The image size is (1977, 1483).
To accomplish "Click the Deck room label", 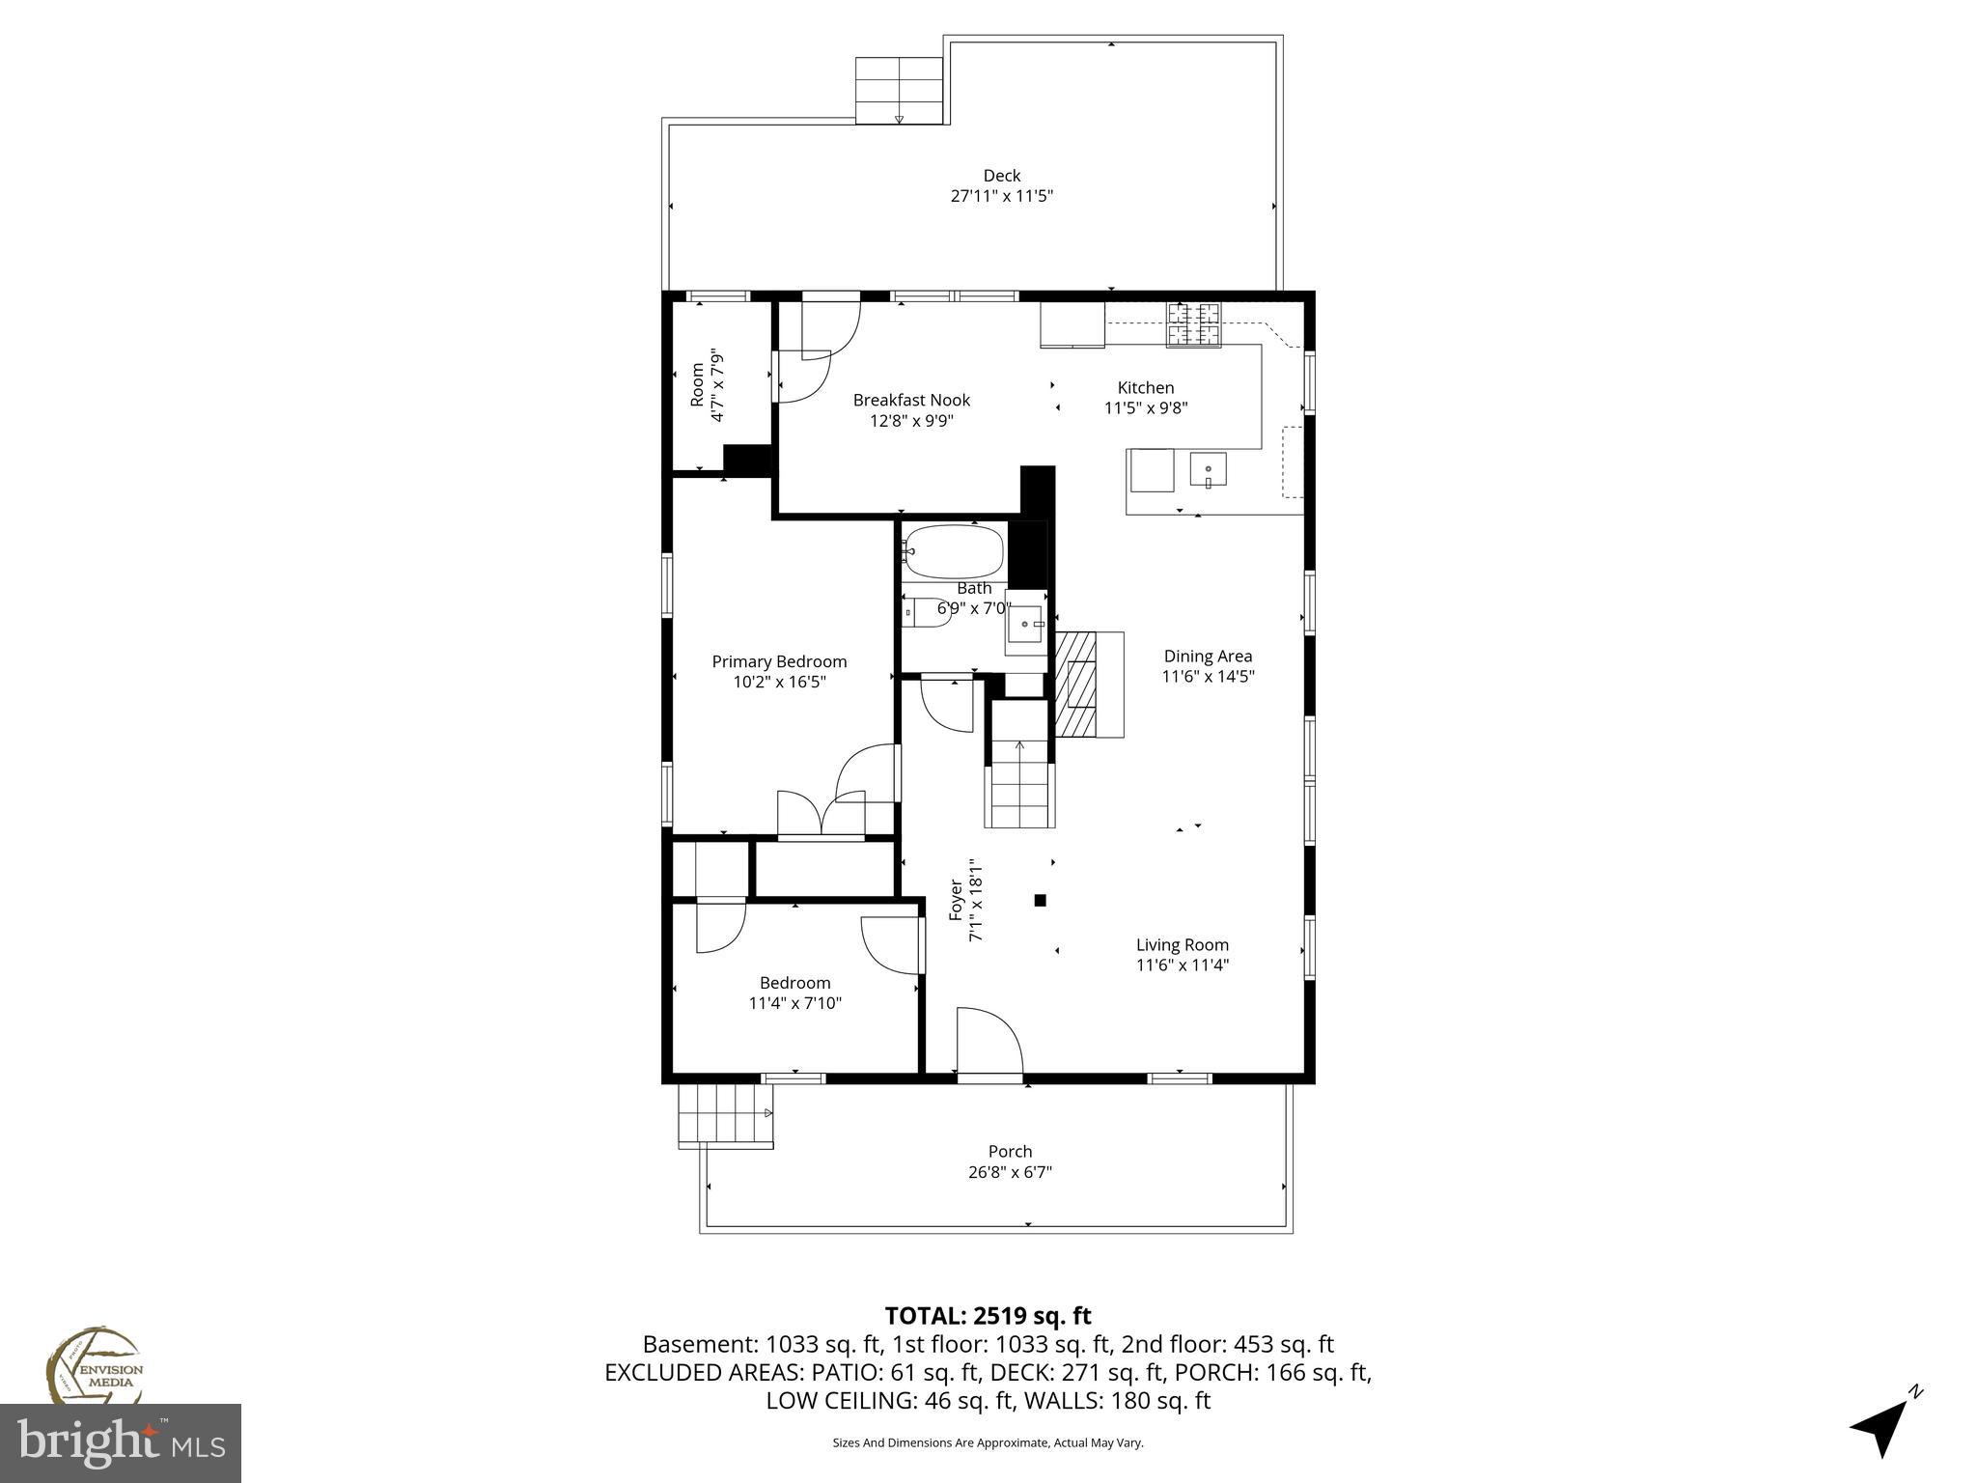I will pos(1001,176).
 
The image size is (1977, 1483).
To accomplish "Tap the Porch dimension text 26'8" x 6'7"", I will pos(1010,1172).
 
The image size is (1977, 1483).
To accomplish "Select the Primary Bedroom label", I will pos(779,661).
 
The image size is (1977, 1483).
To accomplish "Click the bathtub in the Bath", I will pos(954,551).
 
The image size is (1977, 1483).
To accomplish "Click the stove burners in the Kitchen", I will pos(1193,324).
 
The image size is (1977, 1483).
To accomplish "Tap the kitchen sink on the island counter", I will pos(1208,471).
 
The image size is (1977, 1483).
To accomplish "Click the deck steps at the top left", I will pos(899,90).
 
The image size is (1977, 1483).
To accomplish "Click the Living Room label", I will pos(1182,945).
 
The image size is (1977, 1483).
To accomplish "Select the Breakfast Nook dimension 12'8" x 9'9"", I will pos(911,421).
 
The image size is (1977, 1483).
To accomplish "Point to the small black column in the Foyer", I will pos(1040,901).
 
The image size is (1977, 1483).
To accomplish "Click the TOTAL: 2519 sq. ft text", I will pos(988,1316).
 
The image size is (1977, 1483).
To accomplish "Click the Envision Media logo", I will pos(94,1366).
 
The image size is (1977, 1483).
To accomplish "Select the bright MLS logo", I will pos(121,1443).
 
